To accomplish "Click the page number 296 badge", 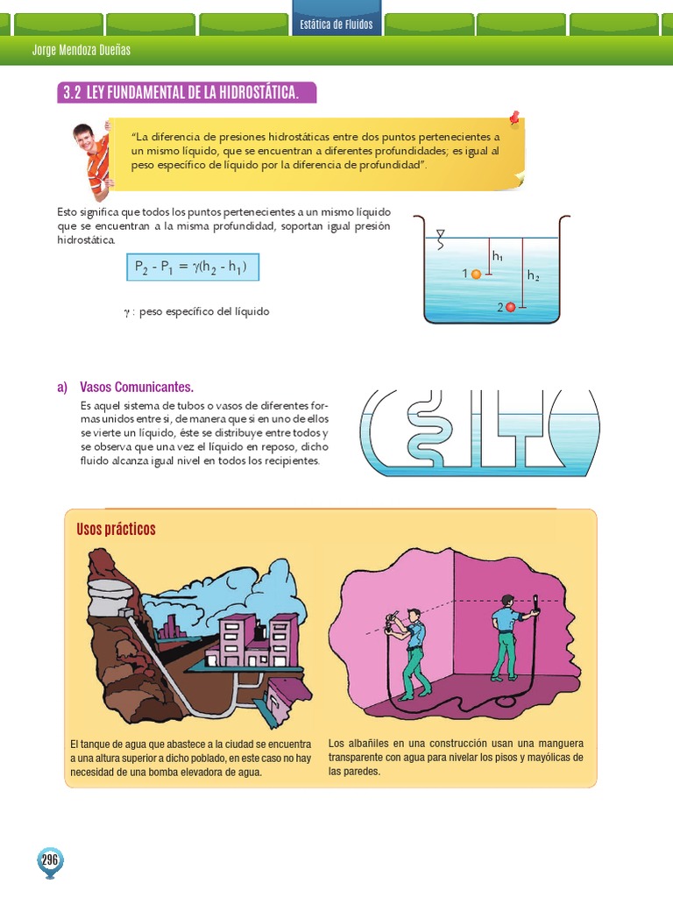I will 49,860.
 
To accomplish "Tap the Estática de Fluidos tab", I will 336,24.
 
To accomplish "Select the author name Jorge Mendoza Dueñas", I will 81,50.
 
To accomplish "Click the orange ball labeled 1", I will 476,274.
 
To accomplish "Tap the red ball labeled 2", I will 511,307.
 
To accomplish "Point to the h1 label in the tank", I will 498,256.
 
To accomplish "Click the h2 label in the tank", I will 533,274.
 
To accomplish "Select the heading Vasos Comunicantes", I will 136,387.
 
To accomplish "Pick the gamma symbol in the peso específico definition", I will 127,312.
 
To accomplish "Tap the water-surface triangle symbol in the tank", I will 441,234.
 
